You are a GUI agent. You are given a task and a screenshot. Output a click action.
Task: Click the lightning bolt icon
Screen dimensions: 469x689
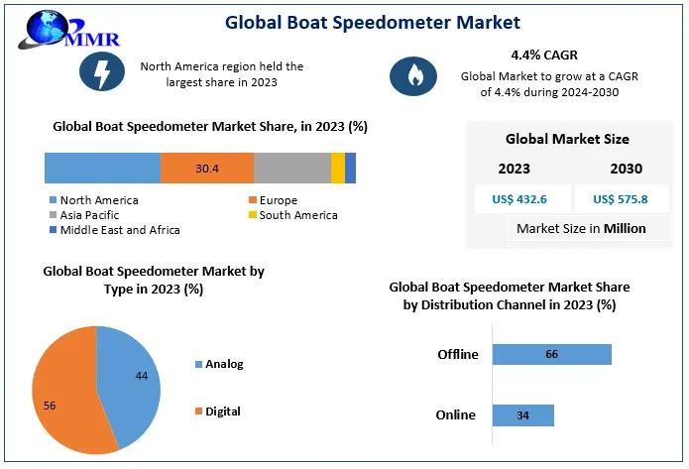pyautogui.click(x=102, y=73)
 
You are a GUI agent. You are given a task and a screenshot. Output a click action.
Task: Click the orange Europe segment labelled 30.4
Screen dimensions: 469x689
pyautogui.click(x=206, y=169)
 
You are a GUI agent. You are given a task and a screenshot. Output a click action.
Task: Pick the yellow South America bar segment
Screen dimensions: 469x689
pyautogui.click(x=338, y=169)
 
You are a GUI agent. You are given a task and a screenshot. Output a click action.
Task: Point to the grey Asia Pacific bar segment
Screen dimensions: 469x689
pyautogui.click(x=291, y=169)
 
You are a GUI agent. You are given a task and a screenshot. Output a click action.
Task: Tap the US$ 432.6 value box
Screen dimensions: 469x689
pyautogui.click(x=518, y=199)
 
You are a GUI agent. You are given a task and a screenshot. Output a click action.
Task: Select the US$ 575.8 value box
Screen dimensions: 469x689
pyautogui.click(x=620, y=199)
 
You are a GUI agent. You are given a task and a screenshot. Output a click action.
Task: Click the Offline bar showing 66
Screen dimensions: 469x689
pyautogui.click(x=551, y=354)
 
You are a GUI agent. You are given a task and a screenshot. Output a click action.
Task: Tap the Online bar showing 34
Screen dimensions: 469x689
pyautogui.click(x=522, y=414)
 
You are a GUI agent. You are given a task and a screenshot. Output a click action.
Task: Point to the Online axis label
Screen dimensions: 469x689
pyautogui.click(x=456, y=414)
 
